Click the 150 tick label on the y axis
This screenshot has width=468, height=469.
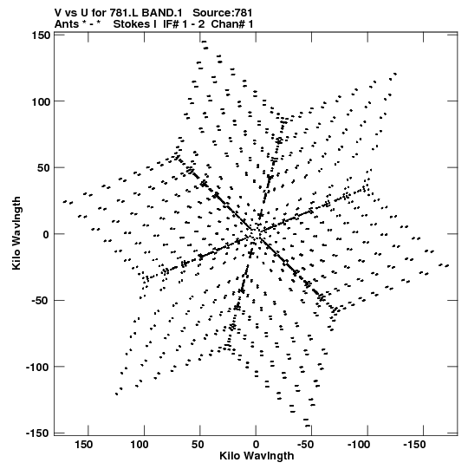pyautogui.click(x=41, y=36)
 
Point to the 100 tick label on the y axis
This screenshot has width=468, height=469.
pyautogui.click(x=41, y=101)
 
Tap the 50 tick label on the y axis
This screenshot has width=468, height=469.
pyautogui.click(x=44, y=168)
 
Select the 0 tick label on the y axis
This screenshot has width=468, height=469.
pyautogui.click(x=46, y=234)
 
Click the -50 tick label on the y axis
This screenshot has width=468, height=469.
pyautogui.click(x=41, y=301)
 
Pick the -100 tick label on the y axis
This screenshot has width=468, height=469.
pyautogui.click(x=37, y=367)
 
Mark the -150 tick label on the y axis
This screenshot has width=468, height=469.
pyautogui.click(x=37, y=433)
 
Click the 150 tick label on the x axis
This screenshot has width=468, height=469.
pyautogui.click(x=83, y=445)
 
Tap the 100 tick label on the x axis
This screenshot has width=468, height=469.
pyautogui.click(x=140, y=445)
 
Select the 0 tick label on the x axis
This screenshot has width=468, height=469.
pyautogui.click(x=256, y=445)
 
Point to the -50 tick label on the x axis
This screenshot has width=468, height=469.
pyautogui.click(x=306, y=445)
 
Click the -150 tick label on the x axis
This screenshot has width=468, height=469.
pyautogui.click(x=415, y=445)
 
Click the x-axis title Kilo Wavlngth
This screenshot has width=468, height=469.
pyautogui.click(x=257, y=456)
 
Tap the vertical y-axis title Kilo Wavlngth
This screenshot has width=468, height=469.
pyautogui.click(x=16, y=233)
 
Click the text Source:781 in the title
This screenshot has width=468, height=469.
pyautogui.click(x=223, y=13)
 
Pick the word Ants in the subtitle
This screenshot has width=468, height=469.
pyautogui.click(x=67, y=24)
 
